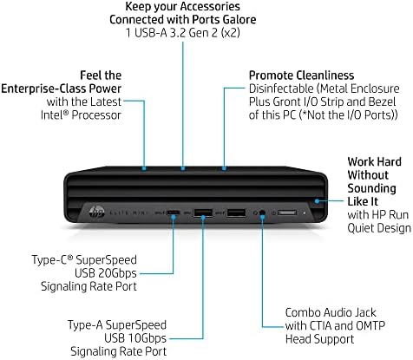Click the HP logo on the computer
click(x=97, y=213)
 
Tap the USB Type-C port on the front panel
click(x=174, y=213)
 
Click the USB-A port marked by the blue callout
click(x=203, y=213)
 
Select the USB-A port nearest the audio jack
click(x=237, y=213)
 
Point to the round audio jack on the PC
click(x=262, y=213)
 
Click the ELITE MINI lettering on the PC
click(x=128, y=213)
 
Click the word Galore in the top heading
click(x=239, y=19)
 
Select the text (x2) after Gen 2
click(x=230, y=33)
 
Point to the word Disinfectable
click(x=281, y=88)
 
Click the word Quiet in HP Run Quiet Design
click(x=359, y=228)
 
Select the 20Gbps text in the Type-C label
click(x=117, y=273)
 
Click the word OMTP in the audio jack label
click(x=370, y=325)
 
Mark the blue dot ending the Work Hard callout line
click(x=318, y=200)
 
